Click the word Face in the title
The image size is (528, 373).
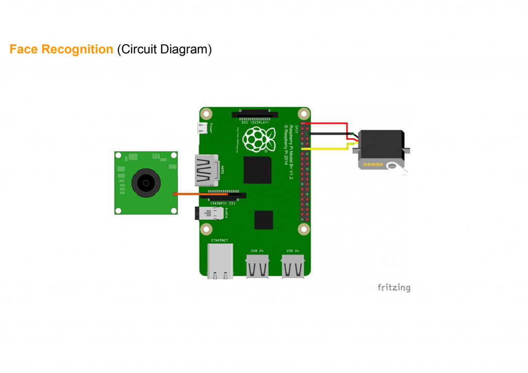click(24, 49)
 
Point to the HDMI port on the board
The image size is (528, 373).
click(206, 170)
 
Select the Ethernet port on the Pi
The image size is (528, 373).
click(220, 261)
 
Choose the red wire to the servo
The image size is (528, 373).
click(330, 124)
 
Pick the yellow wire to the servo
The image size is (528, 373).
click(330, 149)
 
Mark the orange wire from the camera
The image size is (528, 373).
click(201, 194)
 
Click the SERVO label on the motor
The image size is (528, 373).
click(373, 164)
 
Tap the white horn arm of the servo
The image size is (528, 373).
click(398, 167)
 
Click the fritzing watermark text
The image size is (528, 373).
click(393, 287)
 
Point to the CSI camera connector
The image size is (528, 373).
click(227, 195)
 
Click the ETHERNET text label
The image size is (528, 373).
click(220, 240)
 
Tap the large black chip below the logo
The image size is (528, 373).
click(257, 170)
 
